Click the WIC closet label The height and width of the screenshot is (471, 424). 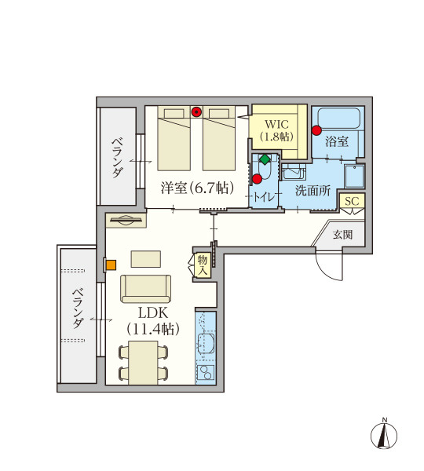tap(276, 124)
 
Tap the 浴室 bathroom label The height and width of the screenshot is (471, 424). tap(337, 141)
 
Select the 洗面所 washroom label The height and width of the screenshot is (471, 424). tap(313, 191)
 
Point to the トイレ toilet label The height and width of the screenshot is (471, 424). tap(264, 197)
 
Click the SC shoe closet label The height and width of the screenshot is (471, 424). tap(352, 201)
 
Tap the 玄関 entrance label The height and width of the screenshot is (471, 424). tap(342, 235)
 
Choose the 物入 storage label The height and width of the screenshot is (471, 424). tap(203, 265)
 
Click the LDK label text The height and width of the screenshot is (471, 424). tap(153, 313)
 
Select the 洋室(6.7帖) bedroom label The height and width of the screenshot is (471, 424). tap(197, 188)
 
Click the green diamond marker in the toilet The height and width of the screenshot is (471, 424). tap(265, 159)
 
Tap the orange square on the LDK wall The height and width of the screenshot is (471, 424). tap(111, 265)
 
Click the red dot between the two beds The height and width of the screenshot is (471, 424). tap(196, 112)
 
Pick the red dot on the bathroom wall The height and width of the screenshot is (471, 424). tap(316, 130)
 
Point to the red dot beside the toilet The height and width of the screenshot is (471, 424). tap(258, 179)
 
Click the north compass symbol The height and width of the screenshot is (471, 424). tap(384, 435)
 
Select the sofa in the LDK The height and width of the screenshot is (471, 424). tap(146, 289)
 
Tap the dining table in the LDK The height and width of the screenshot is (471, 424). tap(144, 363)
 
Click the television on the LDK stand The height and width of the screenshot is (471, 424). tap(126, 220)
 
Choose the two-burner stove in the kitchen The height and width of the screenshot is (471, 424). tap(206, 373)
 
